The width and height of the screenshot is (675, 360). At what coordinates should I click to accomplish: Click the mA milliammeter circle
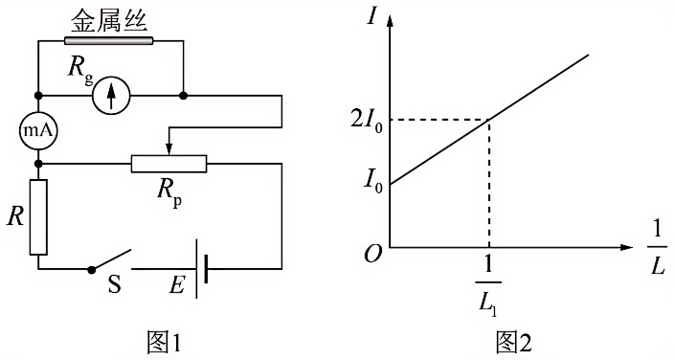tap(38, 131)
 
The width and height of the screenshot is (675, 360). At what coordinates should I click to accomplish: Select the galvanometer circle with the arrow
tap(111, 96)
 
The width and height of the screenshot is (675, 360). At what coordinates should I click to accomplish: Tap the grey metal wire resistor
tap(108, 41)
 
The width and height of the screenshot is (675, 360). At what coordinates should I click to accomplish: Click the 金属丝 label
tap(108, 21)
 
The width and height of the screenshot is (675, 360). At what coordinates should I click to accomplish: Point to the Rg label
tap(80, 69)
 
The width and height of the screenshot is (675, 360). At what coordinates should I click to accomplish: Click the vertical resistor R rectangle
tap(38, 217)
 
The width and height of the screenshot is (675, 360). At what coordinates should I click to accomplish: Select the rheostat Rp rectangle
tap(169, 164)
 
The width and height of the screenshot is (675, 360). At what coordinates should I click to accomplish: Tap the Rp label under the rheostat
tap(169, 193)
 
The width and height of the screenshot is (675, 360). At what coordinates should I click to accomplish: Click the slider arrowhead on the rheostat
tap(169, 150)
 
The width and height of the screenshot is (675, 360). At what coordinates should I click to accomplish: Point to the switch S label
tap(114, 284)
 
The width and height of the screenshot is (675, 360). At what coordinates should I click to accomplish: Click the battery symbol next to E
tap(201, 269)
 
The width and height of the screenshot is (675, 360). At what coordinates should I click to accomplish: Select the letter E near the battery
tap(177, 284)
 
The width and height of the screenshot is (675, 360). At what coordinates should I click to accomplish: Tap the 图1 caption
tap(162, 343)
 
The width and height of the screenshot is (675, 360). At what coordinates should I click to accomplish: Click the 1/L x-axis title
tap(657, 249)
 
